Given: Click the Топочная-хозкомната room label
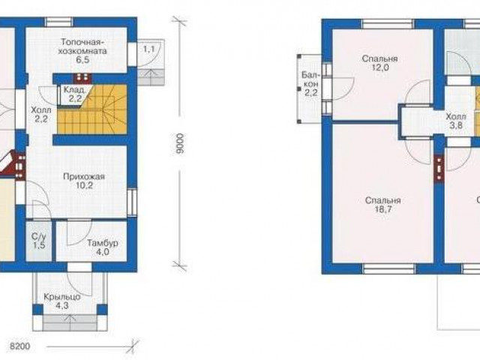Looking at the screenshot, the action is [82, 51].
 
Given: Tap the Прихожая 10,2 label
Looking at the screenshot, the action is [84, 181].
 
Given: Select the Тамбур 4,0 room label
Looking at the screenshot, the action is [103, 247].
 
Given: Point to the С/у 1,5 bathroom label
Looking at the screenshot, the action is [39, 241].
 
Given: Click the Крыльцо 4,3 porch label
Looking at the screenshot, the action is [61, 301].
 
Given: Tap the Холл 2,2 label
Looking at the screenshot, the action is [41, 114].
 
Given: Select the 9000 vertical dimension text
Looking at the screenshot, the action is [181, 143].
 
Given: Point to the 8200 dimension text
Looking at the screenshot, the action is [20, 346].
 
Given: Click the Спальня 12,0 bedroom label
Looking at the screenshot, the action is [379, 63].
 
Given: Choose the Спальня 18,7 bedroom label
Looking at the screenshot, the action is [382, 205].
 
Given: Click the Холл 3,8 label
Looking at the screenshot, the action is [456, 121].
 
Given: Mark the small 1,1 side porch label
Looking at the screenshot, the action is [149, 49].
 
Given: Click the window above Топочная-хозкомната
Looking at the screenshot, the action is [59, 22].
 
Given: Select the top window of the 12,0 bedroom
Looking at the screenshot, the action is [388, 24].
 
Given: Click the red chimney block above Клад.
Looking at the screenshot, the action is [82, 77].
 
